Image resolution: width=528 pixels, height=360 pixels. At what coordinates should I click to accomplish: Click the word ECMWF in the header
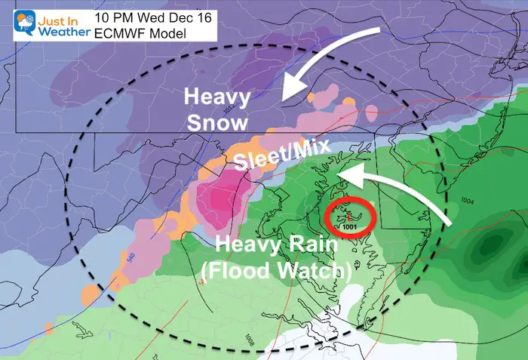click(121, 32)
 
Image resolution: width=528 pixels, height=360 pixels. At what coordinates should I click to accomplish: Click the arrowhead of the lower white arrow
click(340, 174)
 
